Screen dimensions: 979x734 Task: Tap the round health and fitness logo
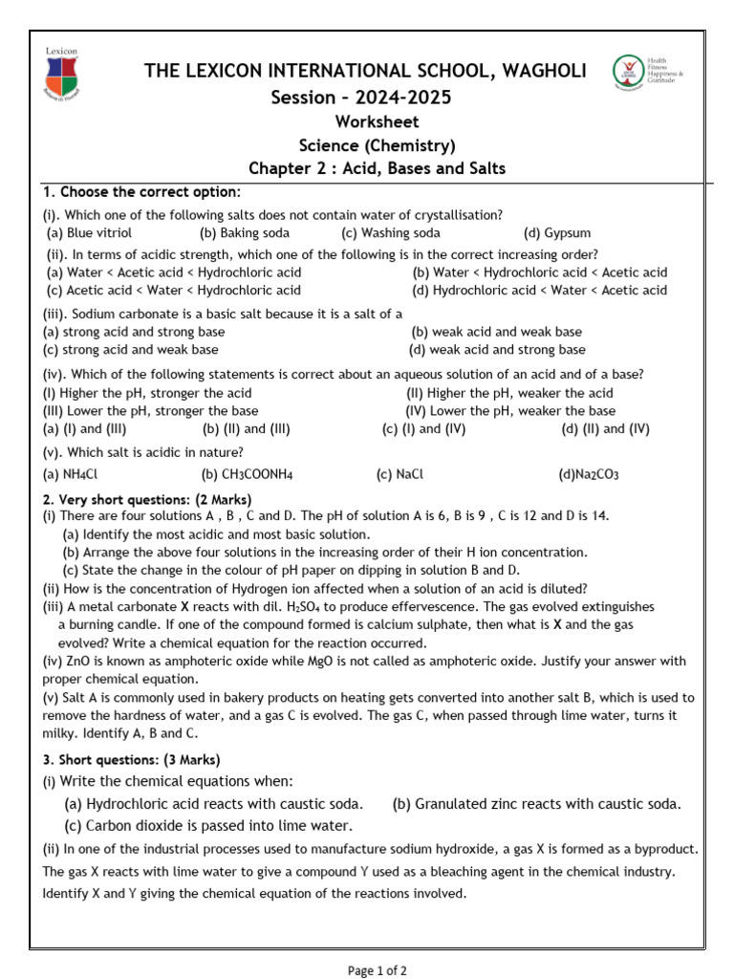tap(628, 73)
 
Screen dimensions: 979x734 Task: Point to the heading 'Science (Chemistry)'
tap(377, 145)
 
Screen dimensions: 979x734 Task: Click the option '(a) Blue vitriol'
tap(90, 232)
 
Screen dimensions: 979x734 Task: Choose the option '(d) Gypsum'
tap(557, 232)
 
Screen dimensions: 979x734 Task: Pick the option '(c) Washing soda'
tap(391, 232)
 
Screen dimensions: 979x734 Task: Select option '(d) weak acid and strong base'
tap(497, 350)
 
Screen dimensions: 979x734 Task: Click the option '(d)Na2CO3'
tap(589, 473)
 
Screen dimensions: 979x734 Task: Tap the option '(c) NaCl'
tap(399, 473)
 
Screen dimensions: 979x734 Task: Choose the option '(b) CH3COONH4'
tap(247, 473)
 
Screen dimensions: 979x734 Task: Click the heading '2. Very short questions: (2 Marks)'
tap(147, 499)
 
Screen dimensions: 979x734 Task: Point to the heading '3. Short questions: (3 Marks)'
tap(132, 760)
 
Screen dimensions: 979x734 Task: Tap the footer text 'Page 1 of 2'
tap(377, 970)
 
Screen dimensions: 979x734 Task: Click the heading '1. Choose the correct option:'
tap(140, 192)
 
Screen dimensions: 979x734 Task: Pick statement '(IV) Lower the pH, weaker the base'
tap(510, 411)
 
